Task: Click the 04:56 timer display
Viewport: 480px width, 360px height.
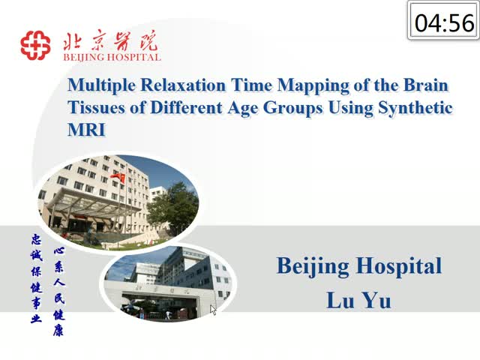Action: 444,23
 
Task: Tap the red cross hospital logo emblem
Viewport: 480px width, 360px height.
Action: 35,45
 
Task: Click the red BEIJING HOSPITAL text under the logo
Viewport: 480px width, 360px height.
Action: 112,57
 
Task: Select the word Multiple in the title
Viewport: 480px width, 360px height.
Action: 101,85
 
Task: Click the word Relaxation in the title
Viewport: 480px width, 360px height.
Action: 183,85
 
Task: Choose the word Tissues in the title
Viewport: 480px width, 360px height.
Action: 96,107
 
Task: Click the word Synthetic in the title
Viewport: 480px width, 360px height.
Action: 415,108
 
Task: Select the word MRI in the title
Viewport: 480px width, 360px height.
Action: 86,130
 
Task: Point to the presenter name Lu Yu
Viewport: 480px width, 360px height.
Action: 358,300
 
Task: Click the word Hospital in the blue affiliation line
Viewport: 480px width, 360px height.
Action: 399,266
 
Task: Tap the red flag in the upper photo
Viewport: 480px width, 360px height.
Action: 118,177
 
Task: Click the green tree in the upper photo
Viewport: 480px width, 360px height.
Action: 174,208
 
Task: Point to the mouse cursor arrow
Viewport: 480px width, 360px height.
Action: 213,310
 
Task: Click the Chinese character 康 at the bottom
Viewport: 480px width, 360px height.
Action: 58,331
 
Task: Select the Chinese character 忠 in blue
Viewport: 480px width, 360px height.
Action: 37,239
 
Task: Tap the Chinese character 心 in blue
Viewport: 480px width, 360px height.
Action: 59,251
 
